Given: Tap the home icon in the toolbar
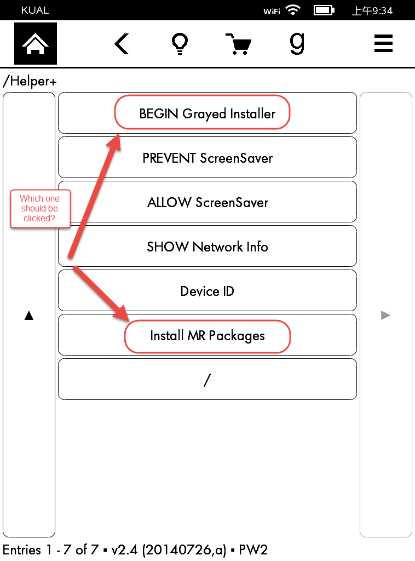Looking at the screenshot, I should pos(36,44).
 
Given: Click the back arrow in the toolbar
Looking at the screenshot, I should pos(122,44).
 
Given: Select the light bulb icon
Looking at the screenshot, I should pos(180,44).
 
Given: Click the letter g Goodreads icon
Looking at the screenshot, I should pos(297,44).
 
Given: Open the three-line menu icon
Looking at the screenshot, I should pos(383,44).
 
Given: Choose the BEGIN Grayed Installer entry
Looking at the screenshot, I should pos(207,113).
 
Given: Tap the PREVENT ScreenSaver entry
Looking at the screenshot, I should pos(207,158).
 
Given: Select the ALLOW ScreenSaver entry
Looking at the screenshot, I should pos(207,202).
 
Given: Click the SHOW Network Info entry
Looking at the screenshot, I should pos(207,247).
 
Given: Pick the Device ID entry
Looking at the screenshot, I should pos(207,291).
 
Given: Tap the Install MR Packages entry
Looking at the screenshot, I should pos(207,335).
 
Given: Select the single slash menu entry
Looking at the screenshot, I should pos(207,380).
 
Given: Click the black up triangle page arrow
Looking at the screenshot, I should pos(29,315).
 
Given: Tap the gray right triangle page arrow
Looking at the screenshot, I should pos(385,315).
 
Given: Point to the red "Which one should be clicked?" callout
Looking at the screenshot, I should pos(40,209).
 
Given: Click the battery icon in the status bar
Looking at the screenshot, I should pos(324,10).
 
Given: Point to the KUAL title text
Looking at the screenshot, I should pos(35,10).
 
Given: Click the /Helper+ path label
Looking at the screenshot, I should pos(30,82).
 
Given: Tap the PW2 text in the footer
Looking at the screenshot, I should pos(253,549).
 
